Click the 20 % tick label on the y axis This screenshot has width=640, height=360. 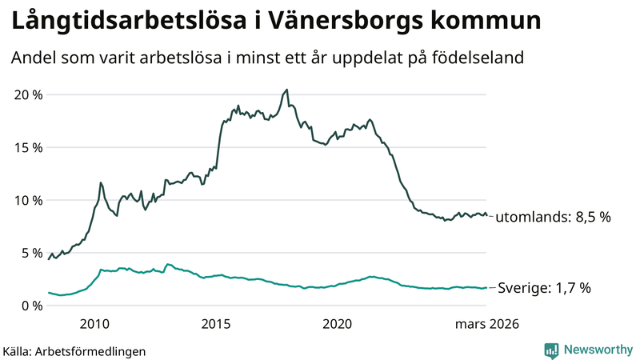tap(29, 95)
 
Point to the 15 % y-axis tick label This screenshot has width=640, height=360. tap(29, 148)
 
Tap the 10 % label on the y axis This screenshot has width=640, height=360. tap(29, 200)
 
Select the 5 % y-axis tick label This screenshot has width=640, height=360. tap(32, 253)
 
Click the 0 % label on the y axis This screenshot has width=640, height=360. tap(32, 306)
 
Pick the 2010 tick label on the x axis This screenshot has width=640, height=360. tap(94, 324)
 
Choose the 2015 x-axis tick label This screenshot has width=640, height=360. tap(216, 324)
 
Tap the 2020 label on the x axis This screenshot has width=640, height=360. tap(337, 324)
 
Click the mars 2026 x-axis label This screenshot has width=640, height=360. tap(487, 324)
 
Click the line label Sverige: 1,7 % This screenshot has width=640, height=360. tap(544, 288)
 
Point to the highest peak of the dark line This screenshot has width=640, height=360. tap(287, 90)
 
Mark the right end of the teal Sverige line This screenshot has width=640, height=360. tap(486, 288)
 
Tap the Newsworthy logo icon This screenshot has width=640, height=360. tap(552, 350)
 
